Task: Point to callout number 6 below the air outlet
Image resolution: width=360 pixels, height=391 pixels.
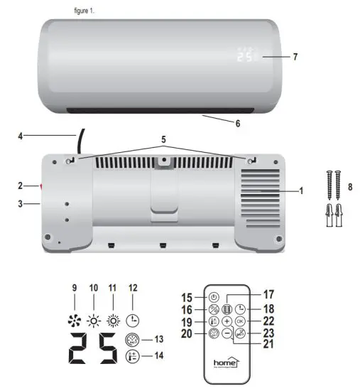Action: pyautogui.click(x=237, y=123)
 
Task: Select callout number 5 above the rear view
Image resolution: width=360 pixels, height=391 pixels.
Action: pyautogui.click(x=165, y=141)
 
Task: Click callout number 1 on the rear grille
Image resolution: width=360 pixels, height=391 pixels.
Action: pyautogui.click(x=300, y=192)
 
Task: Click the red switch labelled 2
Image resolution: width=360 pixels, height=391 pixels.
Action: pyautogui.click(x=41, y=187)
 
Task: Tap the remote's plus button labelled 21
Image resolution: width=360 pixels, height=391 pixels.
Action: pyautogui.click(x=227, y=321)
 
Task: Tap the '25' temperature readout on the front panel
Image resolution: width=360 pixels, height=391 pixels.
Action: pyautogui.click(x=245, y=56)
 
